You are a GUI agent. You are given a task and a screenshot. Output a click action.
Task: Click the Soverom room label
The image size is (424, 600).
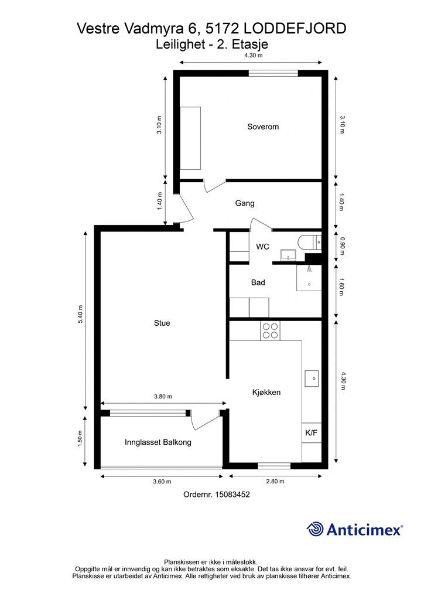tap(263, 127)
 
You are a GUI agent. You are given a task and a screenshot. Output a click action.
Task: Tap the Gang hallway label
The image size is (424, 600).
tap(245, 203)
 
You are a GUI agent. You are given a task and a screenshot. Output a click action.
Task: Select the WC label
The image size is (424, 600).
tap(263, 247)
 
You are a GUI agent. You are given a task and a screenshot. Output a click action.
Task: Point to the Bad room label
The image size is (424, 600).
tap(258, 282)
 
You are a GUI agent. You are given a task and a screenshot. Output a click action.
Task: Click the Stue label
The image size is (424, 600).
tap(162, 323)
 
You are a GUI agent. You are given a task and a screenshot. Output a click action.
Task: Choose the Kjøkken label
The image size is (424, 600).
tap(266, 392)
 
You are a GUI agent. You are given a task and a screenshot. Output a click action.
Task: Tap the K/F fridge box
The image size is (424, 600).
tap(311, 433)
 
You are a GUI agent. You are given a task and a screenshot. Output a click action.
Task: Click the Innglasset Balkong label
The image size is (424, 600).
tap(158, 442)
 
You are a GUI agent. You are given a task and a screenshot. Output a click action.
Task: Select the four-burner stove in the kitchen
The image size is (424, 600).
tap(270, 331)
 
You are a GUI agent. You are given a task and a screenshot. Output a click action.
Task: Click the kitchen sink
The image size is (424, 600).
tap(312, 379)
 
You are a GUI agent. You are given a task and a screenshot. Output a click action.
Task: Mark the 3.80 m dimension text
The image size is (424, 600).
tap(163, 397)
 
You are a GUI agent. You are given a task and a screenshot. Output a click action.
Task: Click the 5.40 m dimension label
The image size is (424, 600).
tap(80, 315)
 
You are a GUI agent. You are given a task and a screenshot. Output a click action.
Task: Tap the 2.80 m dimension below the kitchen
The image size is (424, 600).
tap(275, 482)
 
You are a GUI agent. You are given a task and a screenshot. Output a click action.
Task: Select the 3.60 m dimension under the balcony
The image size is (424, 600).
tap(162, 482)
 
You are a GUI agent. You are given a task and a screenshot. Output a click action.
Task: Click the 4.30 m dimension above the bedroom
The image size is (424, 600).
tap(254, 55)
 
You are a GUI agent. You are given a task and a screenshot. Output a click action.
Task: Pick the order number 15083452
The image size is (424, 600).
tap(232, 495)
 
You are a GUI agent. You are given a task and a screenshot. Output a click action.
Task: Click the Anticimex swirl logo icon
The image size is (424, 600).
tap(315, 529)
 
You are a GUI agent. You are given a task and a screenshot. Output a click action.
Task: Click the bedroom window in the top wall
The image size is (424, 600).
tap(273, 73)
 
